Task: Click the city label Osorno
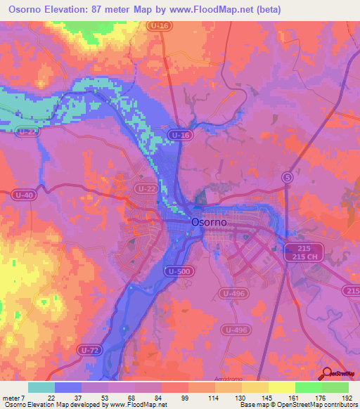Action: pyautogui.click(x=209, y=221)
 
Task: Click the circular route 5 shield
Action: pyautogui.click(x=286, y=177)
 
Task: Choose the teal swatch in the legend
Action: pyautogui.click(x=41, y=387)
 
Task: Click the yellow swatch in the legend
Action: pyautogui.click(x=282, y=387)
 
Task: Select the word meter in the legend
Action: pyautogui.click(x=12, y=397)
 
